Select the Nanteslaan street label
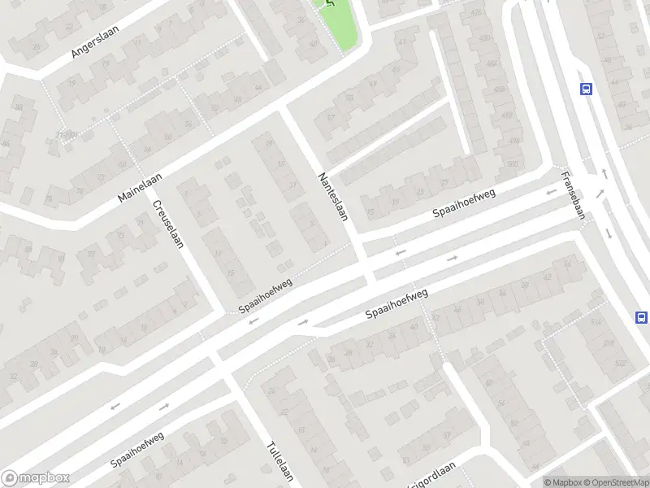tap(336, 198)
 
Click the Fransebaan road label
tap(572, 191)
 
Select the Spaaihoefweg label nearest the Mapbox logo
tap(138, 450)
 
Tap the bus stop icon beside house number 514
tap(641, 317)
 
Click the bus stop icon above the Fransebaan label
tap(585, 89)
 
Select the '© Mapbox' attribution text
tap(561, 481)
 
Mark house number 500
tap(511, 164)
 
